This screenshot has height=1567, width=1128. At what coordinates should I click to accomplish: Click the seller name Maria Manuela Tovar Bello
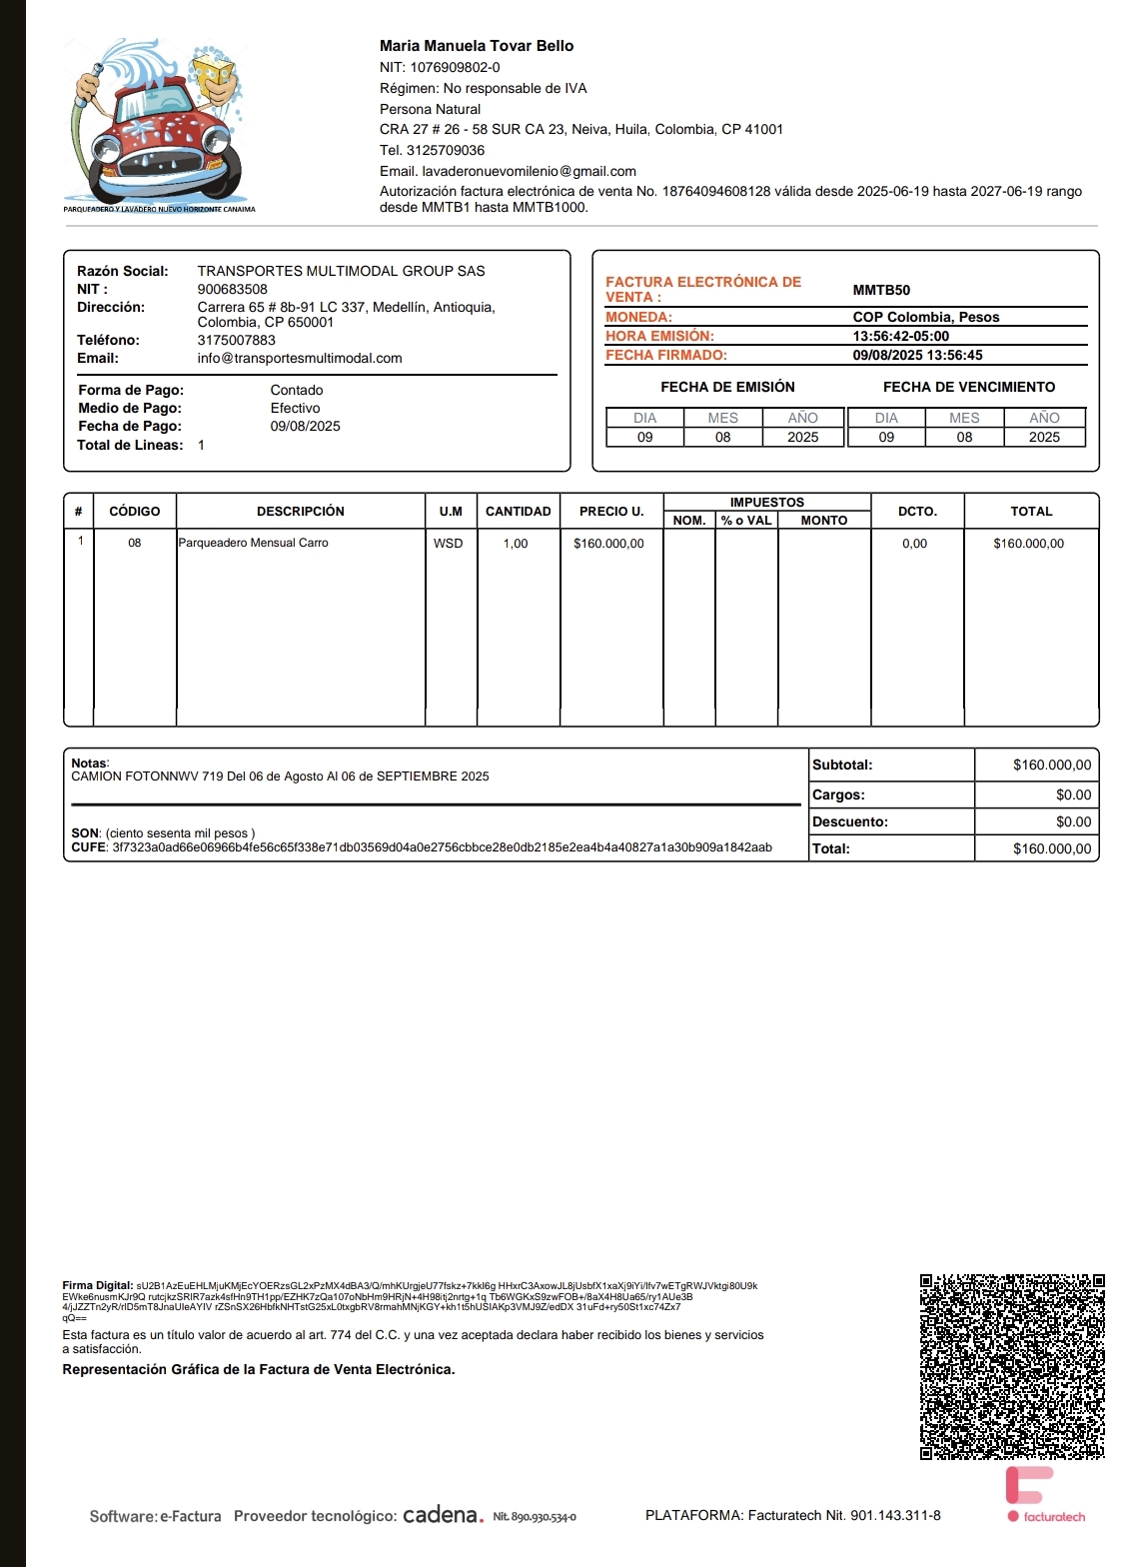tap(477, 46)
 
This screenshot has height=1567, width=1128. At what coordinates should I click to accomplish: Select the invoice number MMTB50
tap(881, 290)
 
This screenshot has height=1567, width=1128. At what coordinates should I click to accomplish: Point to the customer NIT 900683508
tap(233, 289)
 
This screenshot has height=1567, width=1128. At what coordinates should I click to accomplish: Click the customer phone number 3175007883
tap(237, 340)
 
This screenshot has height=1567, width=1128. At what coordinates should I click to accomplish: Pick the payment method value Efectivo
tap(296, 408)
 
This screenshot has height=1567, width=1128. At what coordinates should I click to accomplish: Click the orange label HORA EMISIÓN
tap(659, 336)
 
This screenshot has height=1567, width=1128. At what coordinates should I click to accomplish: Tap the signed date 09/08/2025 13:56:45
tap(917, 355)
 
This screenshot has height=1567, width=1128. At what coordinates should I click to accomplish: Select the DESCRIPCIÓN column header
tap(301, 511)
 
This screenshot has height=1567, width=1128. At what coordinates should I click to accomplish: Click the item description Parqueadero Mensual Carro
tap(254, 543)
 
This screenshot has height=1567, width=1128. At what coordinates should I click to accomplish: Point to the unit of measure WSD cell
tap(449, 544)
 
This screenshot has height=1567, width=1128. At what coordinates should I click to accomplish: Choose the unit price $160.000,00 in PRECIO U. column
tap(608, 544)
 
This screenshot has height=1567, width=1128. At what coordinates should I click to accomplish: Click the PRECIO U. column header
tap(611, 511)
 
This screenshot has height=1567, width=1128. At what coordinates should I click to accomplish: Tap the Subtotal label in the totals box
tap(842, 765)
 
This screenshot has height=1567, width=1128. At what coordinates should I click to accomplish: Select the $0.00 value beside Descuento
tap(1073, 821)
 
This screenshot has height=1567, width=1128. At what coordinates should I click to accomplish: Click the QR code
tap(1012, 1366)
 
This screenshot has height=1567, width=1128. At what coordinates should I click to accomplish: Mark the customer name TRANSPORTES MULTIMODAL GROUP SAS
tap(341, 271)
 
